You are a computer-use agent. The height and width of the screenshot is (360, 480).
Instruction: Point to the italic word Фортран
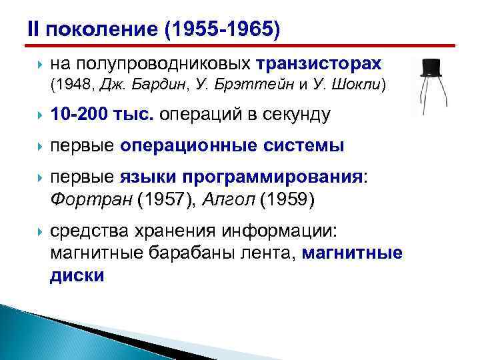click(83, 199)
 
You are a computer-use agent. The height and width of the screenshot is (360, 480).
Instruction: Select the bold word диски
click(77, 275)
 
